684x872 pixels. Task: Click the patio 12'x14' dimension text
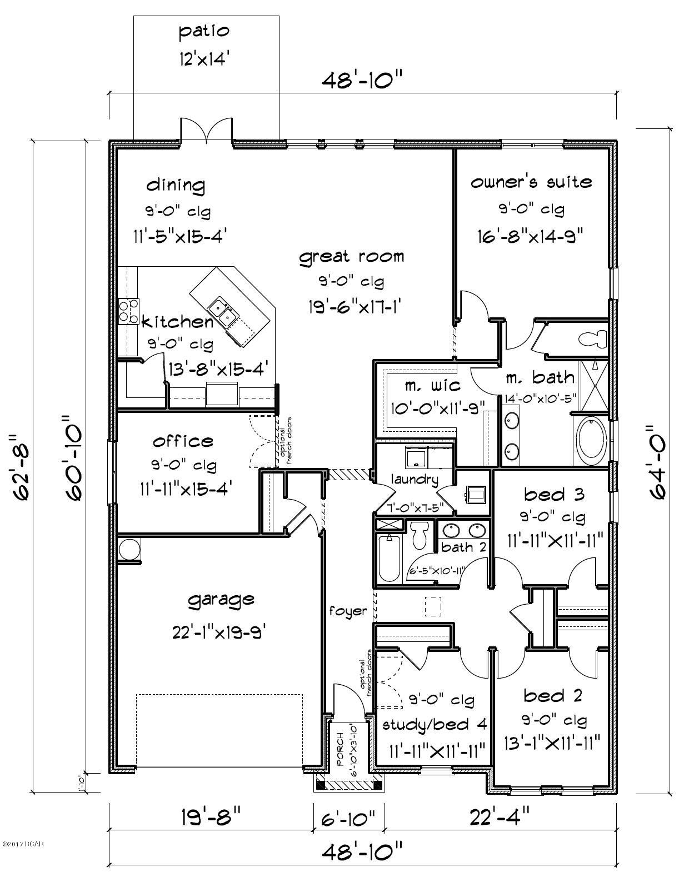pos(203,59)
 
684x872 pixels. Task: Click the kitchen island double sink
pos(223,312)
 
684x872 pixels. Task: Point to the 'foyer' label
pos(348,611)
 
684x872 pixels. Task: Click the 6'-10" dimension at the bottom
pos(348,817)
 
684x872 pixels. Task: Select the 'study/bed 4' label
pos(435,724)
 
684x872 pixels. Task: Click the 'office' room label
pos(183,441)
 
